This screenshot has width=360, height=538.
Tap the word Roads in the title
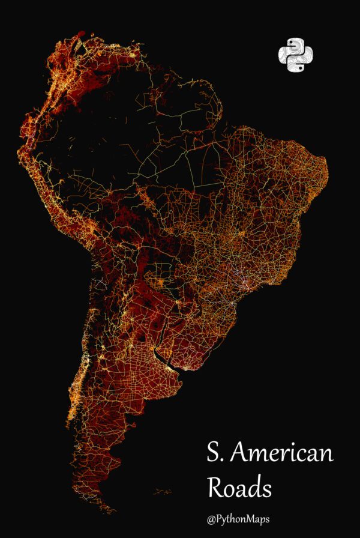(x=239, y=488)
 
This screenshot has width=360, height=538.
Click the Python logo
(x=296, y=56)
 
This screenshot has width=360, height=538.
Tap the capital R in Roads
(x=215, y=488)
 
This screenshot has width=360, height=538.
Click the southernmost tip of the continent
(x=112, y=512)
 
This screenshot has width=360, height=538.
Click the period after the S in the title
(x=225, y=460)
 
